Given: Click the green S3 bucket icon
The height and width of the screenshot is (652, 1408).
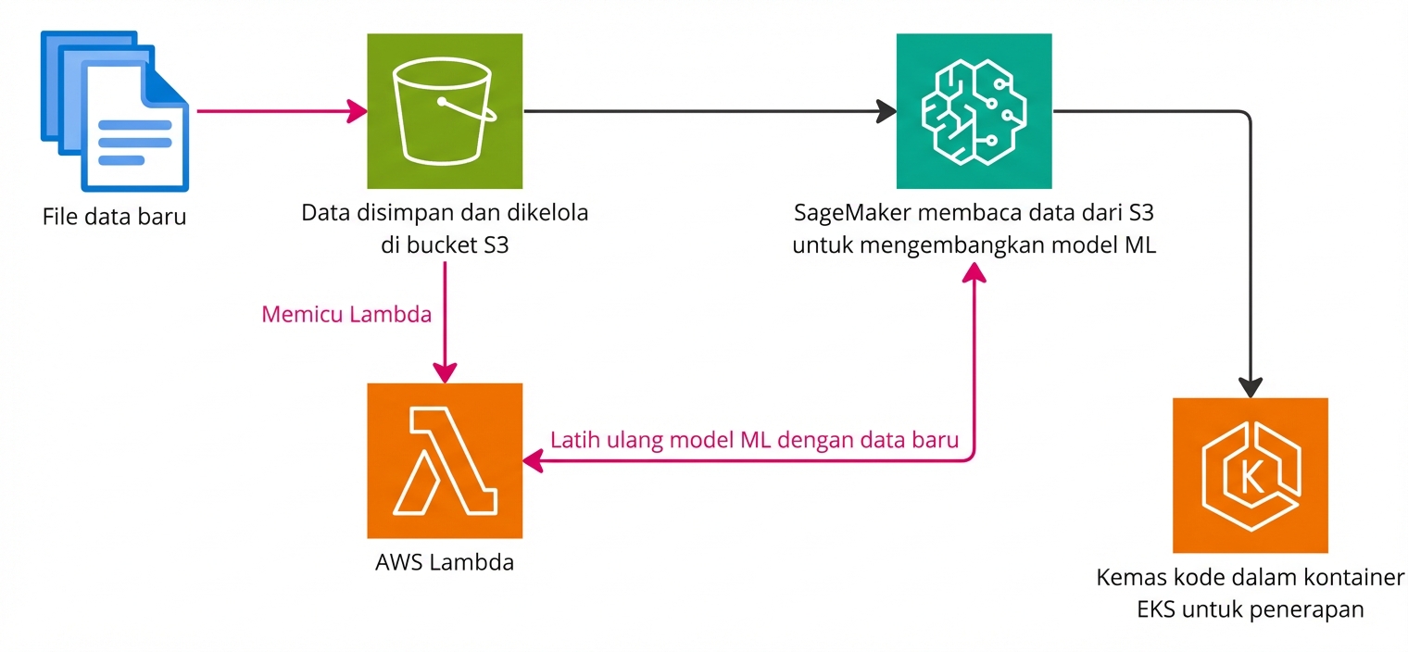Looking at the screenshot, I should [445, 111].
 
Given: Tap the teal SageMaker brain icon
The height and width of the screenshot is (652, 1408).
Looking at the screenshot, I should [974, 111].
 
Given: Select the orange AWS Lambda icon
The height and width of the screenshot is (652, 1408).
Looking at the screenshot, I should [445, 460].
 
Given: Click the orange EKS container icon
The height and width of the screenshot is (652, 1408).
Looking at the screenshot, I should [1250, 475].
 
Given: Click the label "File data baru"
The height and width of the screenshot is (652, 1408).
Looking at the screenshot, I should [114, 219].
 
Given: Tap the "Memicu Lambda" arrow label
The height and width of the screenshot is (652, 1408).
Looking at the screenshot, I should [346, 314].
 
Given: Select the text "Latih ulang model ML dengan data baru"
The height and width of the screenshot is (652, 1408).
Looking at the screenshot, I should [754, 440].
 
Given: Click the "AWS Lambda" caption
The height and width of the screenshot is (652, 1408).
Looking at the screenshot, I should [445, 562].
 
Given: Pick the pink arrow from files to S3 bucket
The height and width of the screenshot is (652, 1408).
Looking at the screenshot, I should [278, 112].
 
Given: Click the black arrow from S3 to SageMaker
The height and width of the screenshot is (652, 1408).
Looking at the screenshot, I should [704, 112].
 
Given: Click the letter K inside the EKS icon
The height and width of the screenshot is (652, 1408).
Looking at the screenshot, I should [1251, 476].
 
